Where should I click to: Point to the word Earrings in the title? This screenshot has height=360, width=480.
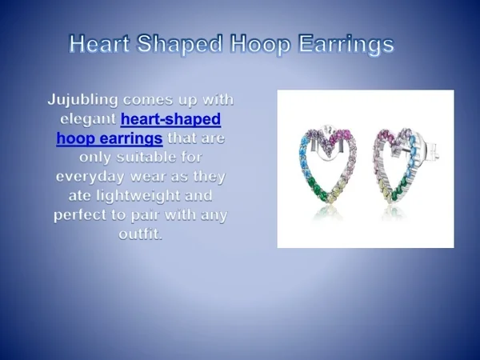[x=347, y=44]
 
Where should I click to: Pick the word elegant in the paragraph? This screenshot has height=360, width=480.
[x=88, y=118]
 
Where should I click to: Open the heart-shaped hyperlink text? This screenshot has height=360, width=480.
[x=170, y=118]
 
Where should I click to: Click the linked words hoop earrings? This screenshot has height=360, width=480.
[x=104, y=138]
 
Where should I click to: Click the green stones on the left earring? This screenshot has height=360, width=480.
[x=314, y=190]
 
